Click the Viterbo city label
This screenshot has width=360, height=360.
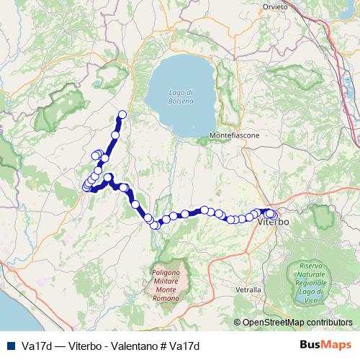coord(273,223)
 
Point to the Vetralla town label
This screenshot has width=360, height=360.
coord(248,289)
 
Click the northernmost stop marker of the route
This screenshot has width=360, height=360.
coord(122,114)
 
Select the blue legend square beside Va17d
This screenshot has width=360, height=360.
coord(9,345)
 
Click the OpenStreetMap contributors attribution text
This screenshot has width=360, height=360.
coord(300,323)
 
